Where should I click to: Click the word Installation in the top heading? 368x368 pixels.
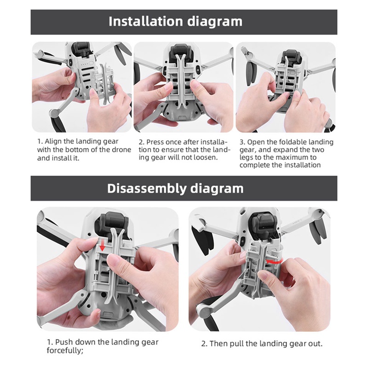coord(146,21)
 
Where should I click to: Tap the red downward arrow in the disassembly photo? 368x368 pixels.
coord(102,246)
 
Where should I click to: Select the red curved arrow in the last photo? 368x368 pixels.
coord(274,260)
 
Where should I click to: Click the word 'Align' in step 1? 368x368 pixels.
coord(52,142)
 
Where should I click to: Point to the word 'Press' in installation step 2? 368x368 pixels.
coord(155,142)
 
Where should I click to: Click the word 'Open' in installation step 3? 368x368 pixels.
coord(256,142)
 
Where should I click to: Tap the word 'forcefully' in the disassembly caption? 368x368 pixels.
coord(64,351)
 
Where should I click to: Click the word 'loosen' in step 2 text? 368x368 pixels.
coord(205,157)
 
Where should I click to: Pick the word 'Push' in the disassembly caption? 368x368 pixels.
coord(64,342)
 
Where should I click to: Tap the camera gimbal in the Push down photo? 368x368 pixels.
coord(112,223)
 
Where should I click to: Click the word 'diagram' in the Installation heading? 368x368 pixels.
coord(215,22)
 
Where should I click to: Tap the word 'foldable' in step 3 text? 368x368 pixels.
coord(290,142)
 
